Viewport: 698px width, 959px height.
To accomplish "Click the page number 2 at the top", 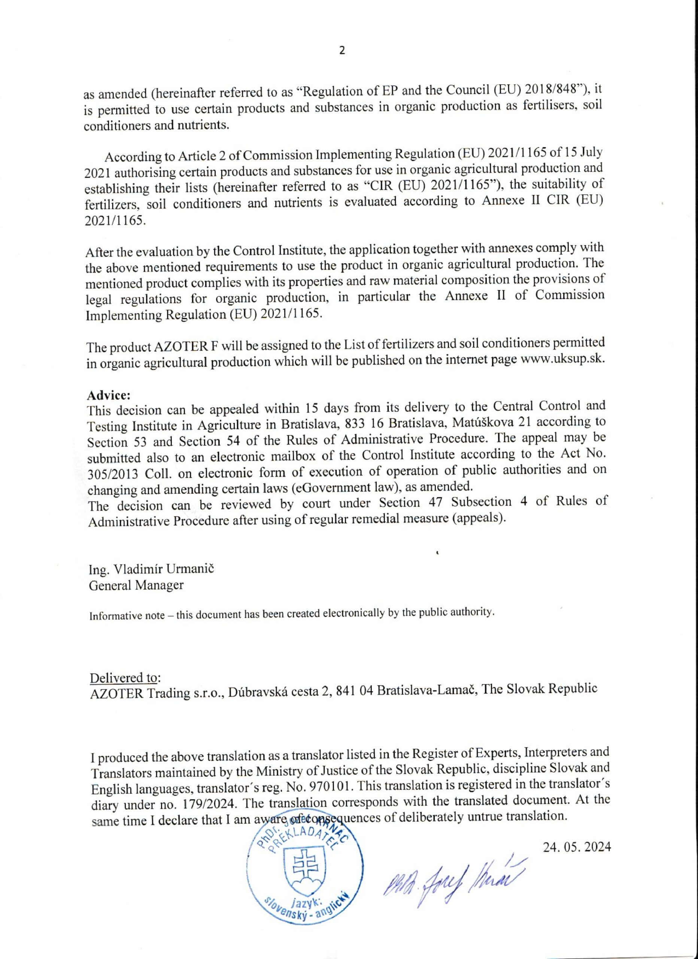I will tap(342, 51).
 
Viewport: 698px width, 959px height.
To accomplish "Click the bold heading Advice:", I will tap(109, 395).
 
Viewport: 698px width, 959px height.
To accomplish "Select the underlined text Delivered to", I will tap(124, 677).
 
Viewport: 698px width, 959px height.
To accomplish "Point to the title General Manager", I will tap(136, 586).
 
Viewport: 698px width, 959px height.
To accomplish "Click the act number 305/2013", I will tap(113, 474).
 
